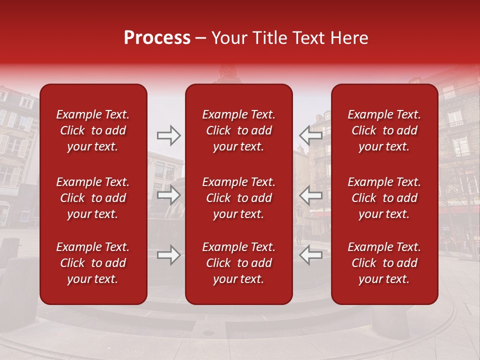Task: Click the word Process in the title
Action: [x=157, y=38]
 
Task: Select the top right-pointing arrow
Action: [x=168, y=134]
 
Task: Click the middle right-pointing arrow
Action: [x=168, y=195]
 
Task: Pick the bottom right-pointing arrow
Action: [x=168, y=255]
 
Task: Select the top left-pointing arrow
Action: [x=311, y=134]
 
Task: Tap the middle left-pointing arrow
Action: [x=311, y=195]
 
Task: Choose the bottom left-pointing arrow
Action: [x=311, y=255]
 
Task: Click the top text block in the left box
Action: [x=93, y=130]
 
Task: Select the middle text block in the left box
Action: [x=93, y=198]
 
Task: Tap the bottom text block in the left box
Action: [x=93, y=263]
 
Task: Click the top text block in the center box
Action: [x=238, y=130]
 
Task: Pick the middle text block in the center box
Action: [x=238, y=198]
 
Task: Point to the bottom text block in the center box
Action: [x=238, y=263]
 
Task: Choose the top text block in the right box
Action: [x=384, y=130]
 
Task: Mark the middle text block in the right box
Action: [x=384, y=198]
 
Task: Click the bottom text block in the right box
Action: [x=384, y=263]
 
